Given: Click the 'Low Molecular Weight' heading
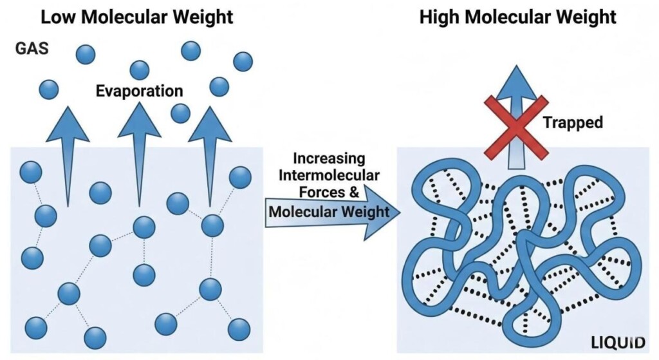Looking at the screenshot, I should click(x=136, y=17).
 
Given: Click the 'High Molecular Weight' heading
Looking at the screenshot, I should click(x=517, y=17).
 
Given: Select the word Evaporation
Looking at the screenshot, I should click(x=139, y=91).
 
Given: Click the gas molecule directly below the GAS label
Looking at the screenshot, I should click(x=48, y=89).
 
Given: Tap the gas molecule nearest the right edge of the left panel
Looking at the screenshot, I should click(x=243, y=61).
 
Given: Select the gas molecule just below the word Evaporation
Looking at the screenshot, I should click(x=180, y=113).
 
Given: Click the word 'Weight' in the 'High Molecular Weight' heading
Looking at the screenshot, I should click(x=588, y=17).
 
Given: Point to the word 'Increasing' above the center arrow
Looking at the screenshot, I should click(x=328, y=158).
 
